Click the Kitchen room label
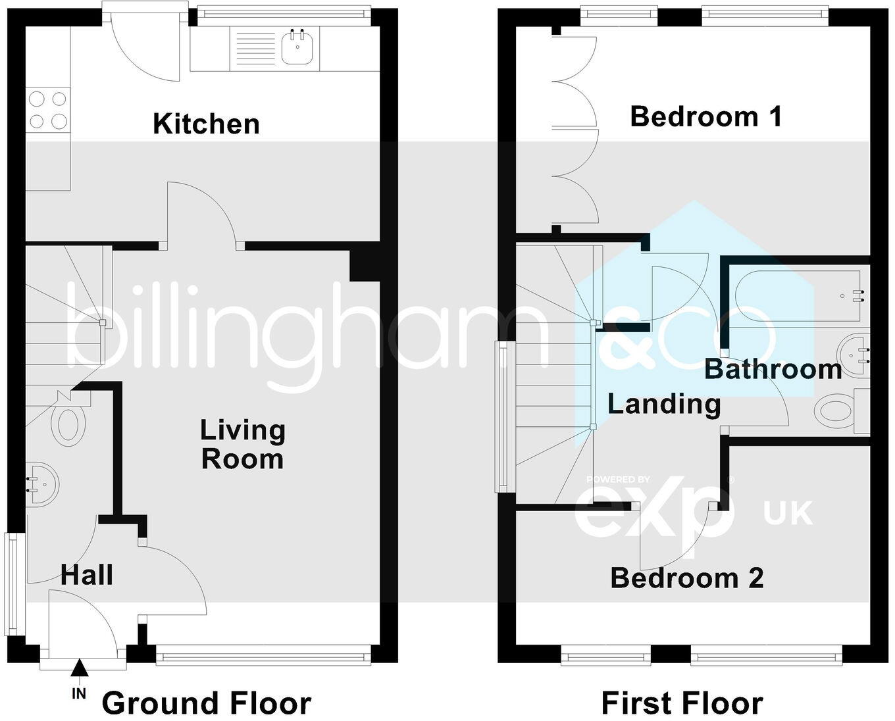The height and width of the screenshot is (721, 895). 206,124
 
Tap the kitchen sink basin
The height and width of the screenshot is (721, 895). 298,47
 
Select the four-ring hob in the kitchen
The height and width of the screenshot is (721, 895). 48,110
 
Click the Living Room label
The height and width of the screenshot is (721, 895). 243,445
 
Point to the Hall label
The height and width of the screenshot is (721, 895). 87,575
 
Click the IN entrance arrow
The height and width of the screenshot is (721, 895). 79,670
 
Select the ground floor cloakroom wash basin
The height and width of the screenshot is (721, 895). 41,485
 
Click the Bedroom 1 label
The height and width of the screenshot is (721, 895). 705,116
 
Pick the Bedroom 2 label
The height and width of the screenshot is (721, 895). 687,578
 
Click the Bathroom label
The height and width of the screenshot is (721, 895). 773,369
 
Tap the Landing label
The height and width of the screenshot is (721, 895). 663,403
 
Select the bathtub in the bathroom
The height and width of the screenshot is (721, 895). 800,297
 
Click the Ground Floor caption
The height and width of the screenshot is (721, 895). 206,703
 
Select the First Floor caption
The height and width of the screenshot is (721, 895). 682,703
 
